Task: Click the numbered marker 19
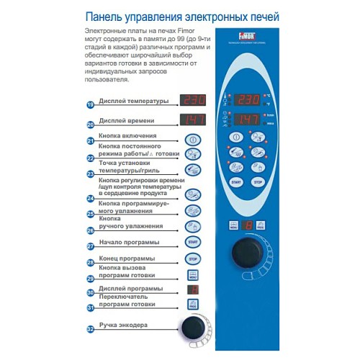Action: (90, 105)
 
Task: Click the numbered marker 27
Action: (90, 246)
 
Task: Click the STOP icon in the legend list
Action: (192, 258)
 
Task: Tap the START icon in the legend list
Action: (192, 242)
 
